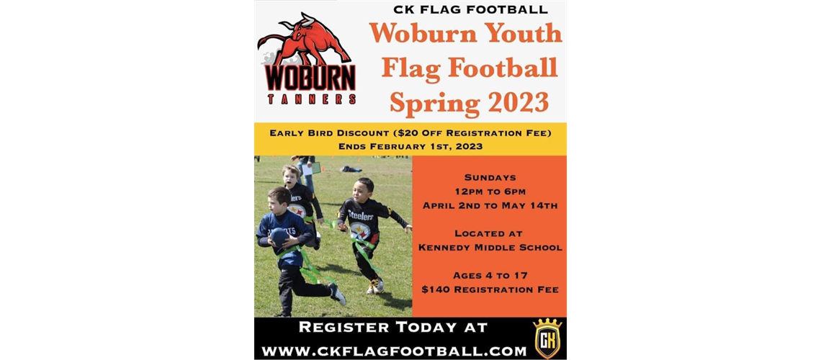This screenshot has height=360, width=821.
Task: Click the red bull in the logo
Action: click(x=308, y=40)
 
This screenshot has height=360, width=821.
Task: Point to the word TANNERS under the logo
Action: click(x=311, y=99)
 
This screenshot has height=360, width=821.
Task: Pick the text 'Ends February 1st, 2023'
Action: click(x=410, y=146)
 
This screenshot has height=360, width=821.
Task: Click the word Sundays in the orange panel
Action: click(x=490, y=176)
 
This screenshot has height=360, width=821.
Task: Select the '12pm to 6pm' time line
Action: click(x=490, y=191)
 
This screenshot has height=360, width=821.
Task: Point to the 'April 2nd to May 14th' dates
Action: click(x=490, y=206)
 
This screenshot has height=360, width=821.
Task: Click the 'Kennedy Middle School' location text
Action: click(x=490, y=248)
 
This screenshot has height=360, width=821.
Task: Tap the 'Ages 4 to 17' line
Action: click(x=490, y=275)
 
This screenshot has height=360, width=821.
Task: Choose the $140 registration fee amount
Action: click(x=438, y=289)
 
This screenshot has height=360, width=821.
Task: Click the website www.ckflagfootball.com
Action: click(x=394, y=351)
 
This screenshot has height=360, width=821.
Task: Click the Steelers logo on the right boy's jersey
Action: click(x=360, y=230)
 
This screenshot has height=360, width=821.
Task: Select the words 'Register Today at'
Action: click(x=393, y=328)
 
